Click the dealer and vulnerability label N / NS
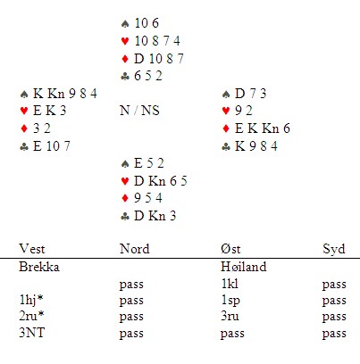139,111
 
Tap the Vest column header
32,249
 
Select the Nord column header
134,249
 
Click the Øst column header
230,249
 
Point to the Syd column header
334,250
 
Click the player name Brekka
39,267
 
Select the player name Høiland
243,266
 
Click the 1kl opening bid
230,284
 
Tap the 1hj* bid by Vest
30,300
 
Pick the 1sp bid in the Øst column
230,301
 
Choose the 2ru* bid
31,316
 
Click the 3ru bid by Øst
230,316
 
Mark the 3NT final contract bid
31,333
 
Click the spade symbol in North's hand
125,23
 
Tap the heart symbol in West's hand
24,111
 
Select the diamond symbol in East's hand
226,128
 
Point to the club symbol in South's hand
125,216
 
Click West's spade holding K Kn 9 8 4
65,94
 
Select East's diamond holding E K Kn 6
263,128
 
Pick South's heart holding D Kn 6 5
161,181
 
